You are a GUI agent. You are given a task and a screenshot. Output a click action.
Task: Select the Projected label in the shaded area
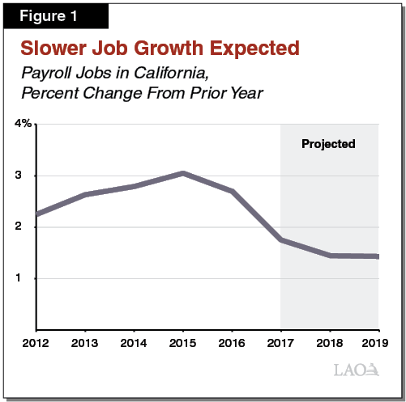point(328,144)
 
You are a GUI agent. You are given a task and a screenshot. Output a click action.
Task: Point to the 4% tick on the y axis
point(23,124)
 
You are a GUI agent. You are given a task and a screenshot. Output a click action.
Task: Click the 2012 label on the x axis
point(36,343)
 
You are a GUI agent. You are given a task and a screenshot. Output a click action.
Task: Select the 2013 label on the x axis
point(84,343)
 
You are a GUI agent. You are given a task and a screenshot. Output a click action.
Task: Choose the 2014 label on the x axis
point(134,343)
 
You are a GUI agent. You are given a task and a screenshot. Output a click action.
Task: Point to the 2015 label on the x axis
point(182,343)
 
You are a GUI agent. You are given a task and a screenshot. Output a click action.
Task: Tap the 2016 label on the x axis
point(232,343)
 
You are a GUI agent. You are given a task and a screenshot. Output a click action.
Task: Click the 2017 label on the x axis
point(280,343)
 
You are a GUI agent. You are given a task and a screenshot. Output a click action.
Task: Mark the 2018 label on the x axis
point(329,343)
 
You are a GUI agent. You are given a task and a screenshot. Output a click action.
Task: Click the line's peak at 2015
point(183,173)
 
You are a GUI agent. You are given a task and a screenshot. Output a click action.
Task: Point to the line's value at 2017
point(280,240)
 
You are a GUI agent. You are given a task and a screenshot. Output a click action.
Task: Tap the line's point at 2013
point(85,195)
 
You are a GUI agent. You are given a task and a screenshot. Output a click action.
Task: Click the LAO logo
point(356,371)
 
